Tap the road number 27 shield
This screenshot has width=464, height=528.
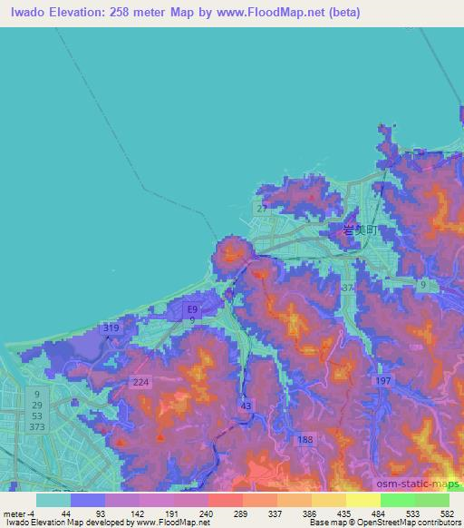click(261, 210)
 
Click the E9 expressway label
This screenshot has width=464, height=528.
click(191, 309)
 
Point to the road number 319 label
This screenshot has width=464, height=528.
click(112, 328)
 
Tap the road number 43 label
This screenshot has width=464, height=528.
click(244, 406)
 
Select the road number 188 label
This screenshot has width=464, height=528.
click(305, 439)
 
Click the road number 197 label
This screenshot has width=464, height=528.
click(383, 382)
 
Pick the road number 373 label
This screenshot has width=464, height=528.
click(37, 427)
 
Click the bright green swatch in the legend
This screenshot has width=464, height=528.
click(397, 499)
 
